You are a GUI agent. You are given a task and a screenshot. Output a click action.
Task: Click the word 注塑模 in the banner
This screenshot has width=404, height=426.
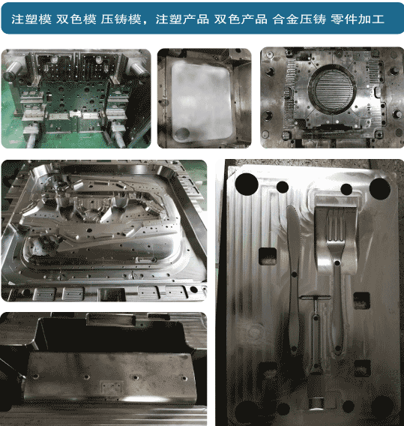pyautogui.click(x=31, y=19)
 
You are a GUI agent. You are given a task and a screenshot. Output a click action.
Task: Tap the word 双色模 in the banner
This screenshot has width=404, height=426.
pyautogui.click(x=76, y=19)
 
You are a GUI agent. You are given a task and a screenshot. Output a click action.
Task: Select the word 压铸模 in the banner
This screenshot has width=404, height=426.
pyautogui.click(x=121, y=19)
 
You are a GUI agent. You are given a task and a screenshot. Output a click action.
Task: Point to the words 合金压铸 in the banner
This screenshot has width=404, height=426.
pyautogui.click(x=300, y=19)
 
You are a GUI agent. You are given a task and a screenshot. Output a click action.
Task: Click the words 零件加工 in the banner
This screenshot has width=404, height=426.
pyautogui.click(x=358, y=19)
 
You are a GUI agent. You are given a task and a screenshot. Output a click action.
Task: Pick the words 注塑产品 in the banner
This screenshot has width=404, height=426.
pyautogui.click(x=182, y=19)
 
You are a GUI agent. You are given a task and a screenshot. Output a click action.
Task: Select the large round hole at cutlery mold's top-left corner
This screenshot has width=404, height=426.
pyautogui.click(x=247, y=184)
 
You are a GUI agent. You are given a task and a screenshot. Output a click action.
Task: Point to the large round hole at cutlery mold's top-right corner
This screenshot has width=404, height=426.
pyautogui.click(x=379, y=188)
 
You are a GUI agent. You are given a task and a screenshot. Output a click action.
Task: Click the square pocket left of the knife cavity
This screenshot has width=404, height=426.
pyautogui.click(x=268, y=256)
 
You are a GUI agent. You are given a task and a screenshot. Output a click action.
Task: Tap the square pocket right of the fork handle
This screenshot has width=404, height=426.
pyautogui.click(x=361, y=301)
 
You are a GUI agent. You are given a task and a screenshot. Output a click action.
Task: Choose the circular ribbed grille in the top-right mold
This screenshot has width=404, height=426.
pyautogui.click(x=332, y=90)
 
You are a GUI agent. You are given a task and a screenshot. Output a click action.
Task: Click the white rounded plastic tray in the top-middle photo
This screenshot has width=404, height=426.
pyautogui.click(x=202, y=101)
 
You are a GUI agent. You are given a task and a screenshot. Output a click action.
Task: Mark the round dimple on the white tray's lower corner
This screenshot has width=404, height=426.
pyautogui.click(x=182, y=133)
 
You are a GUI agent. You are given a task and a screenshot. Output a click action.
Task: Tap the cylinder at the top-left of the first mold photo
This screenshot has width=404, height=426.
pyautogui.click(x=11, y=70)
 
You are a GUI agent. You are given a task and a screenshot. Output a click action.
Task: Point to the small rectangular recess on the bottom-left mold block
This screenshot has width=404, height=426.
pyautogui.click(x=112, y=386)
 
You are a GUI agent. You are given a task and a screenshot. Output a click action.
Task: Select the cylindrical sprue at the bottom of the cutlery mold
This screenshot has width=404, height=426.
pyautogui.click(x=316, y=403)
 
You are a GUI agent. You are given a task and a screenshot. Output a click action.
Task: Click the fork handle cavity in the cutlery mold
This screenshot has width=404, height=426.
pyautogui.click(x=337, y=307)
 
